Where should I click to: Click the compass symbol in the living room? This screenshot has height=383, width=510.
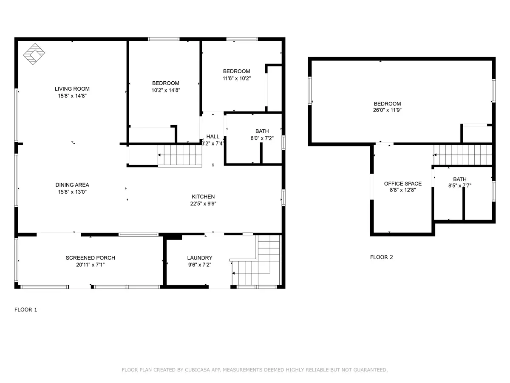click(x=34, y=54)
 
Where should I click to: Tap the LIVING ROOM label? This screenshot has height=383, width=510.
click(x=72, y=89)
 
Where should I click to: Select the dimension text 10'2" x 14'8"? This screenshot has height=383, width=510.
click(x=166, y=90)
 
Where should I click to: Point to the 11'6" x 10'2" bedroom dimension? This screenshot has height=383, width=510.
click(x=237, y=78)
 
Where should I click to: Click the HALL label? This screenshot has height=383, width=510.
click(x=212, y=137)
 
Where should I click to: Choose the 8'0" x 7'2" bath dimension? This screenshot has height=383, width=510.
click(x=262, y=138)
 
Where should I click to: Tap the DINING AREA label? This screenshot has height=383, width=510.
click(x=72, y=185)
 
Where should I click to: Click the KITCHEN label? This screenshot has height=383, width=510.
click(x=203, y=197)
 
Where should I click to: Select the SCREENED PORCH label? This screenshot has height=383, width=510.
click(x=91, y=257)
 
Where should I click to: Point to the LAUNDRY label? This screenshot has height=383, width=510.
click(x=200, y=257)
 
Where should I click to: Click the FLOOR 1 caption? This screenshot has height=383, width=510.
click(x=25, y=309)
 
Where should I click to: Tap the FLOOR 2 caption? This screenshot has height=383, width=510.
click(x=381, y=257)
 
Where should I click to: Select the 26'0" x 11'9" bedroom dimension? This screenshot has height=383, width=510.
click(x=387, y=110)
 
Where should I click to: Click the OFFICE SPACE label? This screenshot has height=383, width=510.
click(x=402, y=183)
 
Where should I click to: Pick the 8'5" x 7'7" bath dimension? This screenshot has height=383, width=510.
click(x=459, y=186)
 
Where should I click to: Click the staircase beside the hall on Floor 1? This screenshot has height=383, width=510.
click(x=180, y=155)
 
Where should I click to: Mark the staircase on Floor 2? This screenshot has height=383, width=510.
click(x=462, y=155)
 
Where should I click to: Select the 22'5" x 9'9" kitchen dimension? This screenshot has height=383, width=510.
click(x=203, y=203)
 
